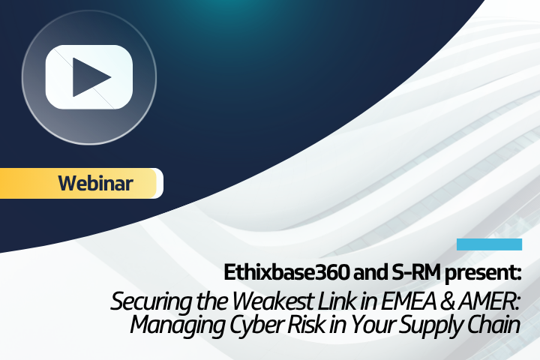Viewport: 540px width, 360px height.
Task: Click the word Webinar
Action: click(95, 183)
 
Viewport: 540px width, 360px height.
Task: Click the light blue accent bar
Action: click(489, 244)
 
